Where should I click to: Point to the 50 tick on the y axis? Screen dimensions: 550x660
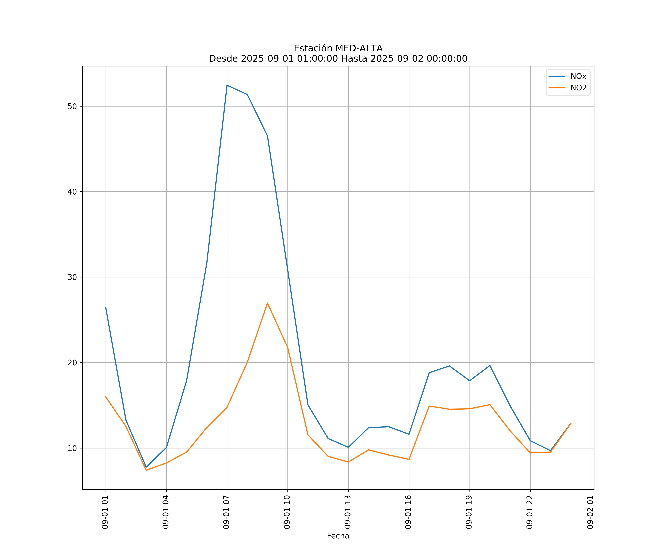tap(72, 106)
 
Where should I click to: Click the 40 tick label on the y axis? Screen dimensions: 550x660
tap(72, 192)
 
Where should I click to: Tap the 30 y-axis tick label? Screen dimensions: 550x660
tap(72, 277)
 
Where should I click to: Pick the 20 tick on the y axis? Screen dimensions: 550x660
tap(72, 363)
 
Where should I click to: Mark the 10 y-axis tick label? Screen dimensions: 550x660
tap(72, 448)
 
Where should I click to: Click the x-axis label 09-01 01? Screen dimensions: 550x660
tap(105, 512)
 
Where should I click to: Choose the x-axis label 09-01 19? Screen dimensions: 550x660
tap(469, 512)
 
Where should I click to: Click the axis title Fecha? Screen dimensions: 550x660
tap(338, 536)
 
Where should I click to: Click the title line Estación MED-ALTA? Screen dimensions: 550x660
tap(338, 48)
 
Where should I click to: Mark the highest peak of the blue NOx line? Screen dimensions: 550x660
tap(227, 85)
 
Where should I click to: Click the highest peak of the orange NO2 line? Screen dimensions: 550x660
tap(267, 303)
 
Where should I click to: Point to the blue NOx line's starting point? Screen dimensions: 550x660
tap(106, 307)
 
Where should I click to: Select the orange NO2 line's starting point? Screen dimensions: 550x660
tap(106, 397)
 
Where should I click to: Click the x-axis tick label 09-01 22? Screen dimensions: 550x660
tap(530, 512)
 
